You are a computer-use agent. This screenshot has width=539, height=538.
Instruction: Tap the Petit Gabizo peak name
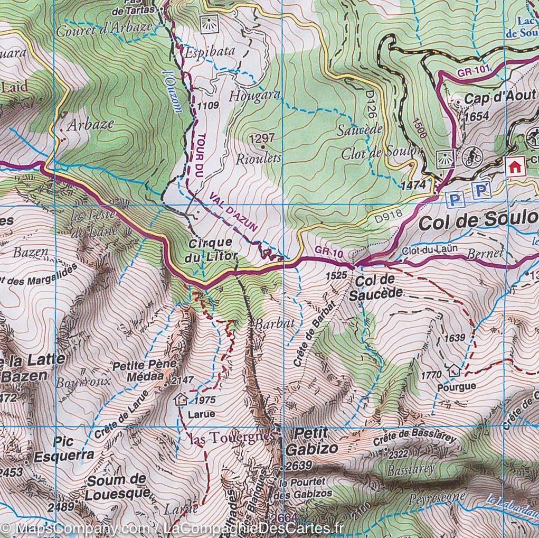click(311, 441)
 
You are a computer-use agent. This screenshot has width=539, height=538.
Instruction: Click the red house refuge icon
click(514, 168)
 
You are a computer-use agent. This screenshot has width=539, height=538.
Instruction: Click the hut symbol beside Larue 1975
click(182, 398)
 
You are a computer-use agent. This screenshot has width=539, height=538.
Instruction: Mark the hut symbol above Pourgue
click(452, 370)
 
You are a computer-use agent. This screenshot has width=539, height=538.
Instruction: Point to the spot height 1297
click(262, 138)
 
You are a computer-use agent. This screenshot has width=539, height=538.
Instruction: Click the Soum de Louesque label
click(117, 487)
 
